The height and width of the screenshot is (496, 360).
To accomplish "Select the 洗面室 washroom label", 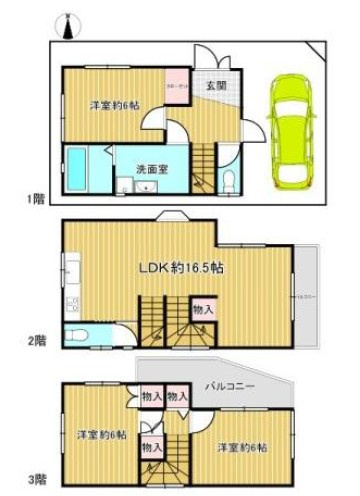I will [x=152, y=167].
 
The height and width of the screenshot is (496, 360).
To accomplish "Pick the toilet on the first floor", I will [x=229, y=179].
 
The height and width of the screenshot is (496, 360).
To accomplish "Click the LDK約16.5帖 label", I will [x=180, y=268].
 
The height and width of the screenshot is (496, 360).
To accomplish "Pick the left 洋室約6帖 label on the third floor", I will [x=101, y=434].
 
